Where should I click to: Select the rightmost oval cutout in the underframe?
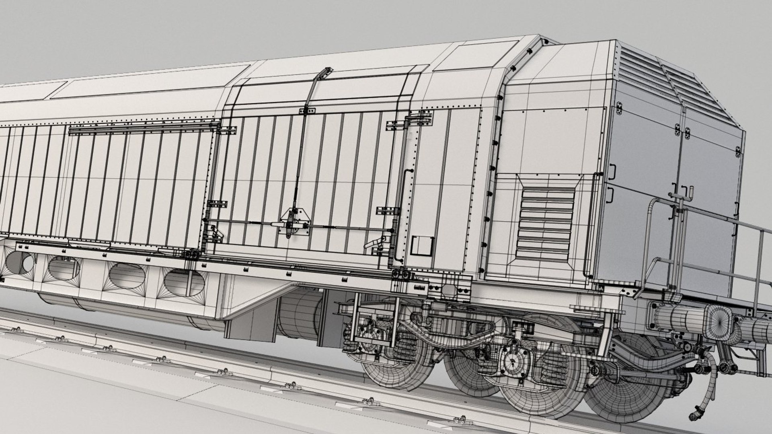pyautogui.click(x=184, y=281)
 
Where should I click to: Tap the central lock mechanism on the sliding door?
pyautogui.click(x=290, y=224)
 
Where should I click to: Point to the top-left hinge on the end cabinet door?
pyautogui.click(x=619, y=107)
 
